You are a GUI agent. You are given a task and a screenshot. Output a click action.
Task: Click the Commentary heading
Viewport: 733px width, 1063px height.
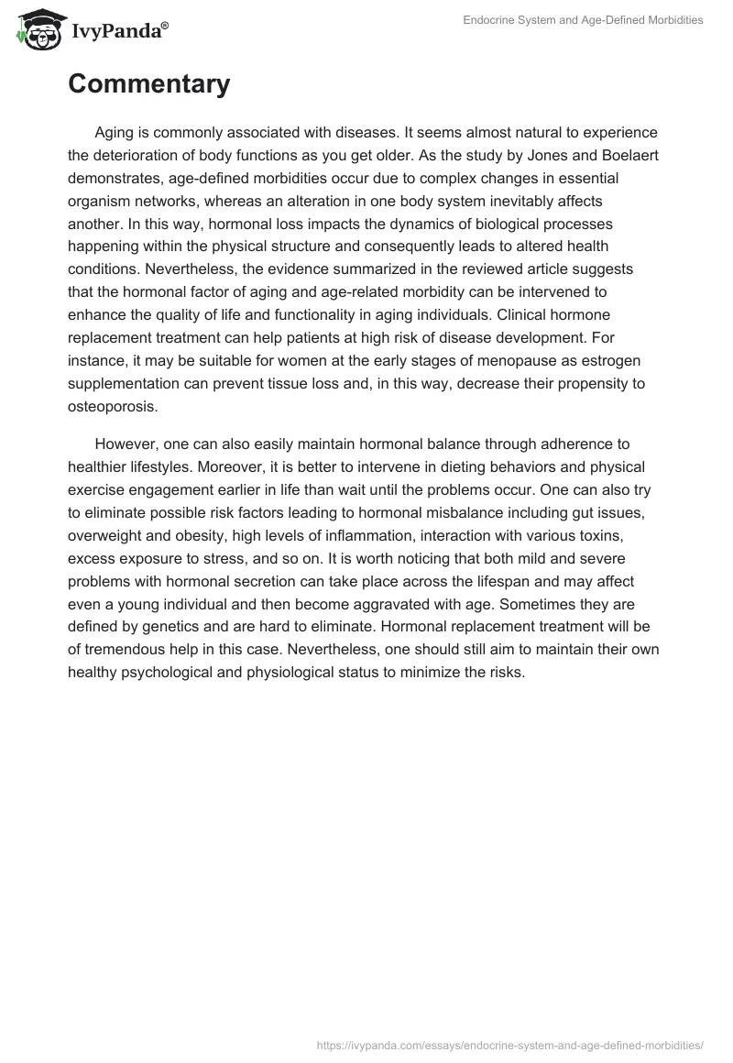(148, 84)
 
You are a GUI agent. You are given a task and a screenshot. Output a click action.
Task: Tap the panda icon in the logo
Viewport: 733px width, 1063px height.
(38, 28)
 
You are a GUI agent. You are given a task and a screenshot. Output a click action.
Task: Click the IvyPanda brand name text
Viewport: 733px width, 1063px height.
(117, 31)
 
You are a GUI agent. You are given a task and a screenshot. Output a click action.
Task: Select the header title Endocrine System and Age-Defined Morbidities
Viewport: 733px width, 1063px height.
(583, 20)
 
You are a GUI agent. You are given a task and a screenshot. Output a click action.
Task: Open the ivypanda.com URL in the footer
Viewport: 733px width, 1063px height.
(509, 1044)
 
